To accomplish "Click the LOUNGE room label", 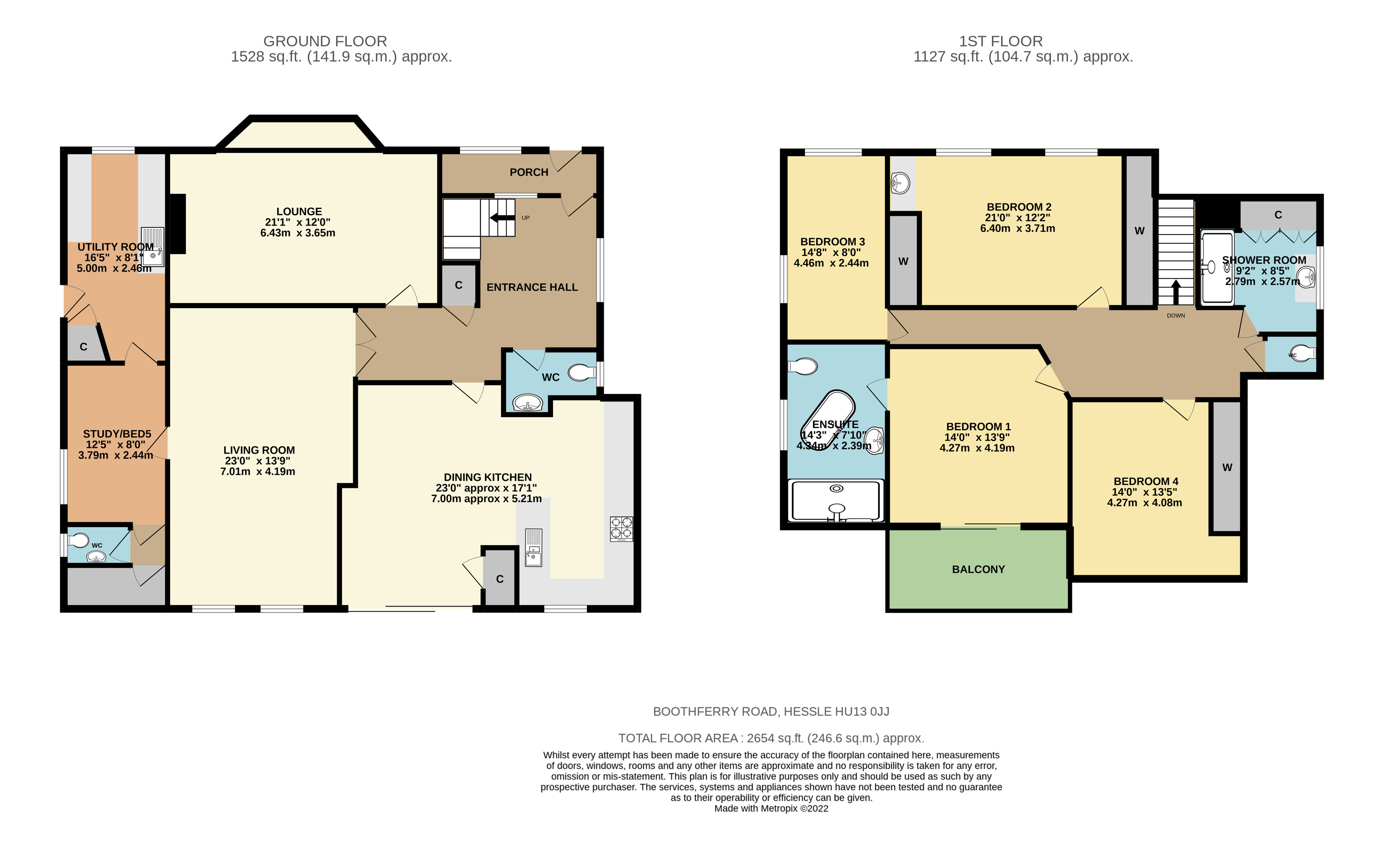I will point(299,211).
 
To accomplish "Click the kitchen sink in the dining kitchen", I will point(533,547).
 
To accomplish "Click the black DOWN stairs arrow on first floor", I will point(1176,292).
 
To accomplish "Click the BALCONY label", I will point(978,570).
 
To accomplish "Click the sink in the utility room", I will point(152,247).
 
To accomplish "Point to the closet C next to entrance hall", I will point(458,285).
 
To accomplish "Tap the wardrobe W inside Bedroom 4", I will point(1226,467).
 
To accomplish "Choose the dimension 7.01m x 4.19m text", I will point(258,472).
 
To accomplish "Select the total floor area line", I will point(771,738).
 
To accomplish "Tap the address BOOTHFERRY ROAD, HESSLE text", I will point(771,711).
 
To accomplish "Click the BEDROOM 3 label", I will point(832,241).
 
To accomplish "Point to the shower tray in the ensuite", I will point(836,500).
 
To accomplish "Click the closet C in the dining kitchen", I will point(500,578).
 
